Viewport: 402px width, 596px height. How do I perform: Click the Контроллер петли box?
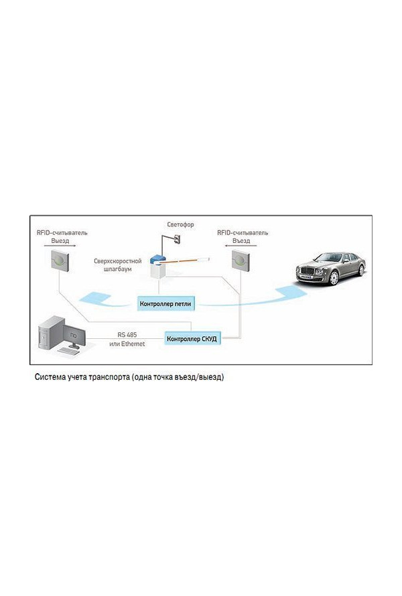165,304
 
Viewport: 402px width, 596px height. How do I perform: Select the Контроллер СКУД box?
192,338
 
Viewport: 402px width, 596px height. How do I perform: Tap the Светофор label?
181,225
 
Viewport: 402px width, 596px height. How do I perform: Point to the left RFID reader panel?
61,260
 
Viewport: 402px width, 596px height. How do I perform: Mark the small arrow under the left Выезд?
60,246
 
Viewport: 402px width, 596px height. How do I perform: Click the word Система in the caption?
51,377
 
